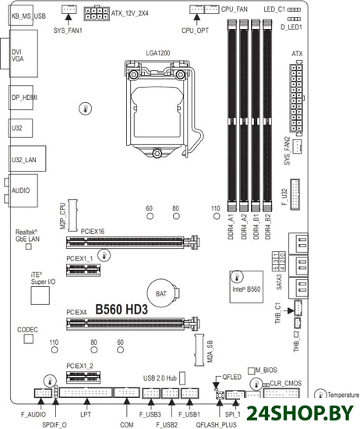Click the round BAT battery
click(161, 293)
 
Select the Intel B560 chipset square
click(246, 287)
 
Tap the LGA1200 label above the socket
click(158, 53)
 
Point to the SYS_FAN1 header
click(69, 9)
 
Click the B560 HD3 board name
click(122, 310)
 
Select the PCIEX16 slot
click(132, 242)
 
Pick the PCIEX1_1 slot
click(83, 270)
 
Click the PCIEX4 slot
click(132, 324)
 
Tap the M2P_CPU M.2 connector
click(72, 215)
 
